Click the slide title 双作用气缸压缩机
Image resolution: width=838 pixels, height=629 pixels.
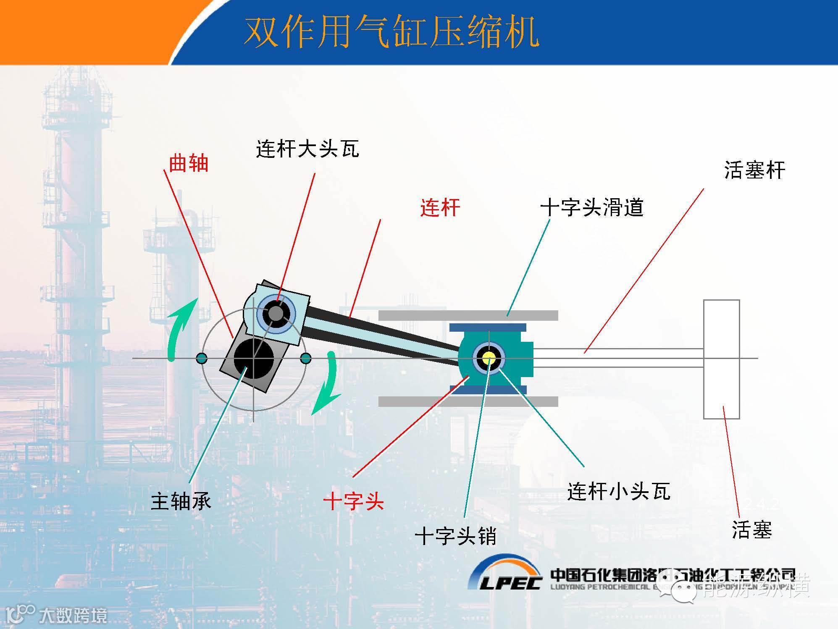pyautogui.click(x=391, y=32)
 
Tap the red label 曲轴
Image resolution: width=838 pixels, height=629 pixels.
pyautogui.click(x=189, y=163)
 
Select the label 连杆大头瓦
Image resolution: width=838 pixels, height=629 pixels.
pyautogui.click(x=307, y=149)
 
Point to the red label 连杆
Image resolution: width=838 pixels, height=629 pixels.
pyautogui.click(x=440, y=207)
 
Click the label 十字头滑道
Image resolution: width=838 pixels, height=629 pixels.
pyautogui.click(x=591, y=207)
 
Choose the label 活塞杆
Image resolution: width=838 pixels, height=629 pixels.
pyautogui.click(x=754, y=170)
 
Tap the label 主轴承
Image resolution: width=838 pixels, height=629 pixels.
pyautogui.click(x=181, y=501)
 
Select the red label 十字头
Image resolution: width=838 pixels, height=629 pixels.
pyautogui.click(x=354, y=501)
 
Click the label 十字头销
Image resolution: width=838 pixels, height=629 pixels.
pyautogui.click(x=455, y=536)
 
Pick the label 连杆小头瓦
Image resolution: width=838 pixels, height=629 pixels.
pyautogui.click(x=618, y=491)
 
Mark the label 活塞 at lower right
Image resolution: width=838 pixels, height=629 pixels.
pyautogui.click(x=751, y=529)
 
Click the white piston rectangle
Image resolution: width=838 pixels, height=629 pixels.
pyautogui.click(x=721, y=359)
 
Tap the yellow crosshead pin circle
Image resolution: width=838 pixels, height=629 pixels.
pyautogui.click(x=489, y=358)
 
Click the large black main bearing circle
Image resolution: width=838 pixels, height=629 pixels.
pyautogui.click(x=254, y=358)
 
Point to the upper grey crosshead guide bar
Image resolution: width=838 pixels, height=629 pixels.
pyautogui.click(x=468, y=315)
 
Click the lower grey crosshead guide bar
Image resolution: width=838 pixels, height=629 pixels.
pyautogui.click(x=468, y=401)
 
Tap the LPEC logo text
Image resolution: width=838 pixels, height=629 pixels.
pyautogui.click(x=510, y=582)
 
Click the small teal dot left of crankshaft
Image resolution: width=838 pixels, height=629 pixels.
pyautogui.click(x=202, y=358)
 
